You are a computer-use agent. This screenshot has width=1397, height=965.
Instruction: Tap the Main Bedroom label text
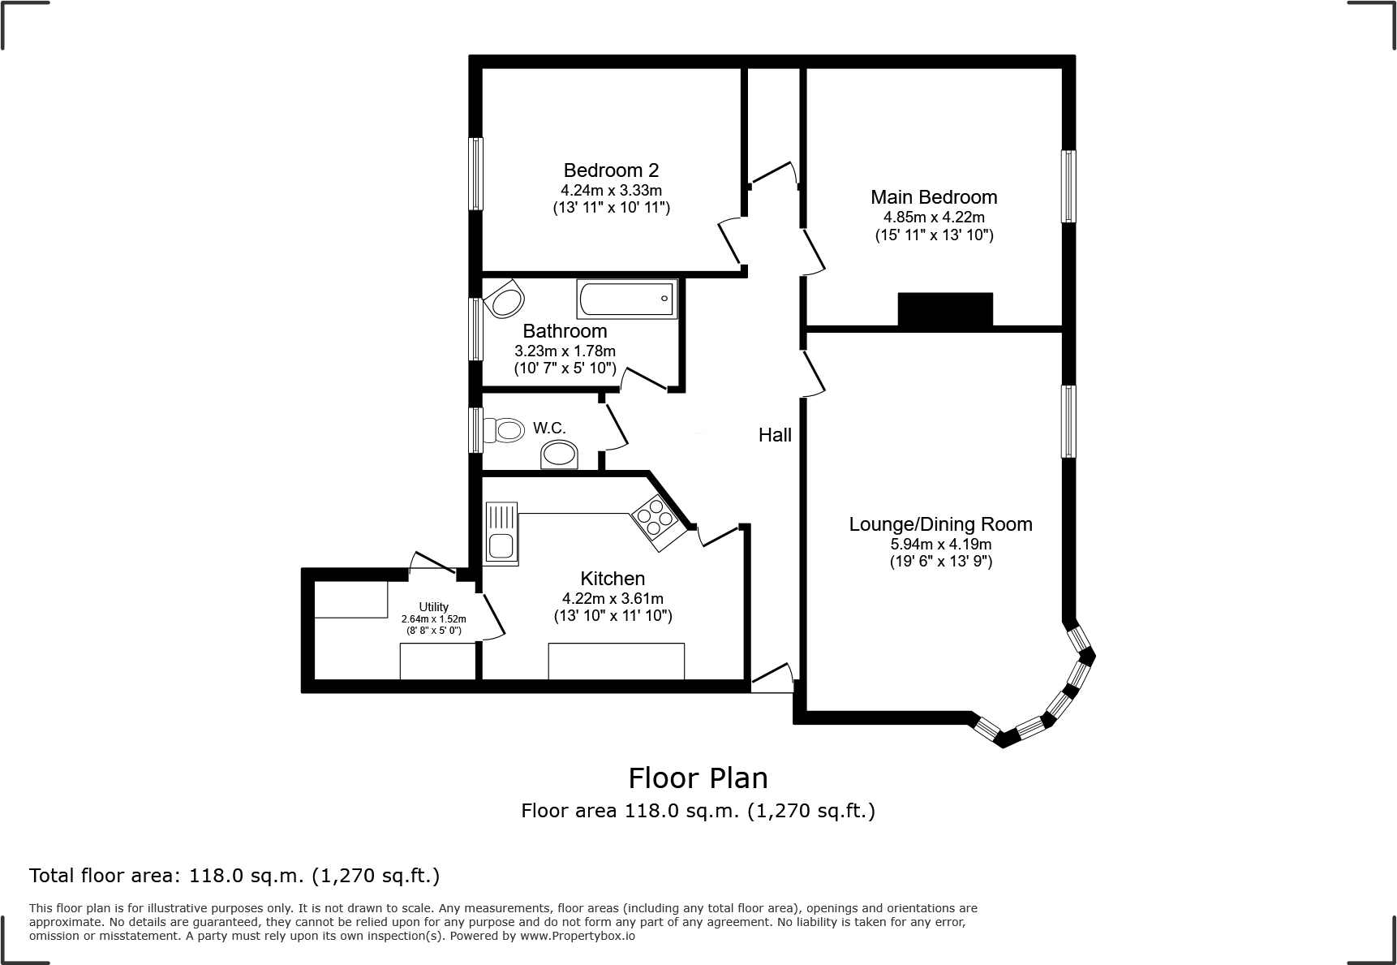(x=934, y=197)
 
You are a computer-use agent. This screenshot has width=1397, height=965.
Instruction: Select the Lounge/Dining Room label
(x=940, y=524)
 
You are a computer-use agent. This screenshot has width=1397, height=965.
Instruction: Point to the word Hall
(x=775, y=435)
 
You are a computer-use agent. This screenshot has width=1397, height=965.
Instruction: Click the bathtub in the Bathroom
(x=626, y=299)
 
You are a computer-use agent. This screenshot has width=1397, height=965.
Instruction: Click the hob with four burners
(x=658, y=518)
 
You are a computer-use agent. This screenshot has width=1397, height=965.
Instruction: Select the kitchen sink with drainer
(x=501, y=533)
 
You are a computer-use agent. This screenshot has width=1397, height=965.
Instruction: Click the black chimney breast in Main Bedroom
(x=945, y=309)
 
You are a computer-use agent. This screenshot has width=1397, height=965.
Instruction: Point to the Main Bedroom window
(x=1069, y=186)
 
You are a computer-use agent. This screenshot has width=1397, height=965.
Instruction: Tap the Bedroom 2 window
(x=476, y=174)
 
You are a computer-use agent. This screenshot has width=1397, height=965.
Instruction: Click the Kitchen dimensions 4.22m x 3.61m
(x=613, y=599)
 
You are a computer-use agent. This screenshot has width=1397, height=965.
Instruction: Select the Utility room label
(x=434, y=607)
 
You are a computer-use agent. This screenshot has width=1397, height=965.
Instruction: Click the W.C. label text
(x=549, y=428)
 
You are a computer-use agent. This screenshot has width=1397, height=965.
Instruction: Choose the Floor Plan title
(x=698, y=778)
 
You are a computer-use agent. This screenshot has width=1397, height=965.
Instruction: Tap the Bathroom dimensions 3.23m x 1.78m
(x=565, y=351)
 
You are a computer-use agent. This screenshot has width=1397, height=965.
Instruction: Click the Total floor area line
(x=234, y=876)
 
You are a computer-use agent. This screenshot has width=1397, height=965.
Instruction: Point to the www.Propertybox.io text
(x=578, y=936)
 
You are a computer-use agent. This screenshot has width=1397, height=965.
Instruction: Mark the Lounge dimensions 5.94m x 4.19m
(x=941, y=545)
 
